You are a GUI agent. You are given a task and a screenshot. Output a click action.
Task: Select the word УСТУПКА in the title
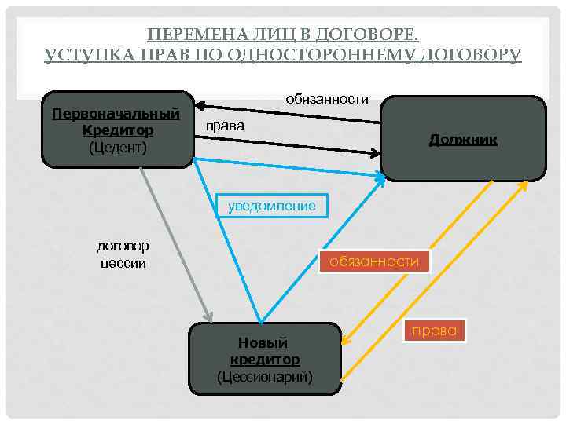(x=80, y=55)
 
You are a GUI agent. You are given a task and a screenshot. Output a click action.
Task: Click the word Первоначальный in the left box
(x=116, y=113)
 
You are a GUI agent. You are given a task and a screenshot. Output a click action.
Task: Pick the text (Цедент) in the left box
(x=117, y=146)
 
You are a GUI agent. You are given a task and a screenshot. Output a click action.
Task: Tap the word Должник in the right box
(x=463, y=140)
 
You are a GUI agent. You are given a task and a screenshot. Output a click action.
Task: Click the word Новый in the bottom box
(x=263, y=343)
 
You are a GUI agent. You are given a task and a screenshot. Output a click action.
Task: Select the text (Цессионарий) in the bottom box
(x=264, y=377)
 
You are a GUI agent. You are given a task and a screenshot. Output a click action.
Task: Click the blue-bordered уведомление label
(x=271, y=206)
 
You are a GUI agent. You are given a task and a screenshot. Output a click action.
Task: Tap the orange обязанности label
(x=374, y=261)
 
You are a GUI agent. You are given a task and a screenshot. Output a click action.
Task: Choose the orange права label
(x=434, y=331)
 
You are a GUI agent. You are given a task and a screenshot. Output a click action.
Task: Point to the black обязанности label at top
(x=327, y=98)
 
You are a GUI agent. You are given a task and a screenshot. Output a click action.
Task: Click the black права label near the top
(x=224, y=126)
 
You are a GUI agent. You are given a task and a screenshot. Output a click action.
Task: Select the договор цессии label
(x=123, y=254)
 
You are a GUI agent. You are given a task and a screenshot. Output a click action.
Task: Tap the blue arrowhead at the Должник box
(x=380, y=180)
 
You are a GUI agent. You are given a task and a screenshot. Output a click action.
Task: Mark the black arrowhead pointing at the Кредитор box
(x=200, y=104)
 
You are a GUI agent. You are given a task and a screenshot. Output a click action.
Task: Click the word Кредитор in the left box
(x=117, y=130)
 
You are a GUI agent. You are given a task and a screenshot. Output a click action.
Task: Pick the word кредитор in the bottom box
(x=264, y=360)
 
